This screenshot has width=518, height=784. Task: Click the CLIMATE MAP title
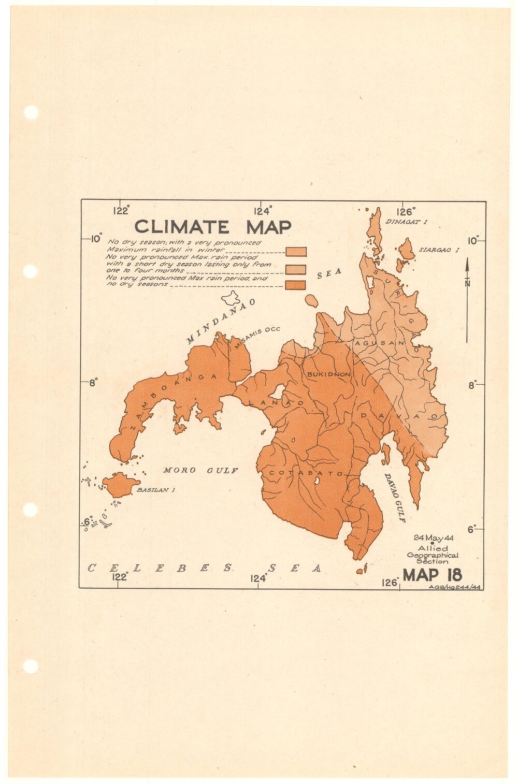point(212,227)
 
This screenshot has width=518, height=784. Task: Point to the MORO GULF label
point(200,471)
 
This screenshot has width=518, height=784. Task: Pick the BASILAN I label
point(152,490)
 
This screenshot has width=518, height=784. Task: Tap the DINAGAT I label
point(406,222)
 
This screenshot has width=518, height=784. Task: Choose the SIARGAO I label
point(439,250)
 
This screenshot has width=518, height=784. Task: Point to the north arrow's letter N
point(467,283)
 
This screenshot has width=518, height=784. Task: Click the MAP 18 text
point(432,575)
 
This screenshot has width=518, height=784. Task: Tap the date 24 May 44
point(433,538)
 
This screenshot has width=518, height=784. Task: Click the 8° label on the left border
point(93,384)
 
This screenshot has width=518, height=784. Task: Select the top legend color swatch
point(296,252)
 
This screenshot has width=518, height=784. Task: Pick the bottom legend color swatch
point(295,285)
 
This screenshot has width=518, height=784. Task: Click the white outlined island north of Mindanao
point(231,298)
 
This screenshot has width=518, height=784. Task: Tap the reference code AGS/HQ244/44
point(456,587)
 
